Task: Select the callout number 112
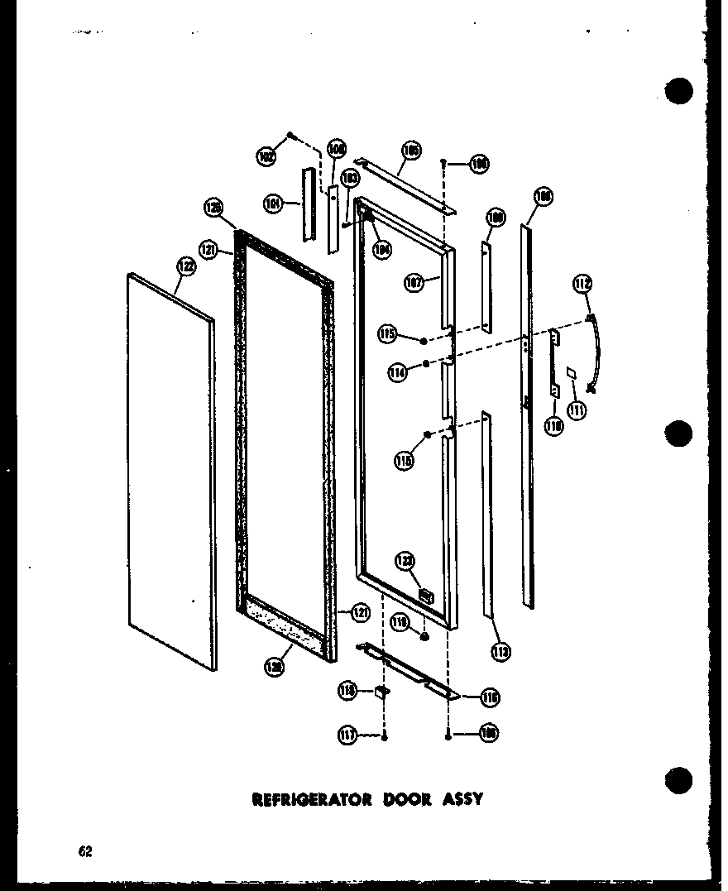click(582, 285)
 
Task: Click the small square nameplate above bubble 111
click(572, 374)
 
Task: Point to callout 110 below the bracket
click(553, 426)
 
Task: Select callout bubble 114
click(399, 374)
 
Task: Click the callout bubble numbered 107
click(414, 282)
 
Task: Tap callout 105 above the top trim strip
click(411, 151)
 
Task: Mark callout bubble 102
click(266, 156)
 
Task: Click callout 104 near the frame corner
click(381, 247)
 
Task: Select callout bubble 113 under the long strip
click(500, 653)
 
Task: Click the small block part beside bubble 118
click(382, 691)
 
